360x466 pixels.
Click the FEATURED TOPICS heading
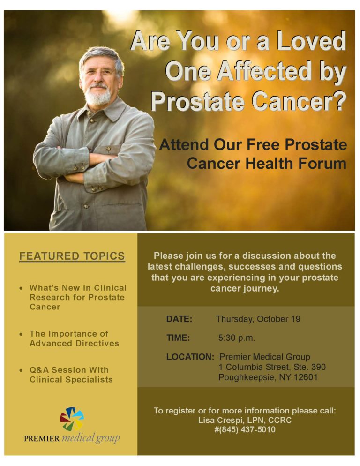point(72,256)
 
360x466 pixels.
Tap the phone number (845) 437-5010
point(248,429)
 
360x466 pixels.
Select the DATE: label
point(179,319)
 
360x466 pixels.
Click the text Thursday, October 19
point(258,319)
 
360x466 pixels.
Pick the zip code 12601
point(305,377)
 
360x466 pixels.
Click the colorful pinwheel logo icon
point(72,419)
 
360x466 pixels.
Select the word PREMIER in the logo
point(42,439)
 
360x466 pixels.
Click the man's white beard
point(98,97)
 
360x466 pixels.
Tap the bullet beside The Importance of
point(22,334)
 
